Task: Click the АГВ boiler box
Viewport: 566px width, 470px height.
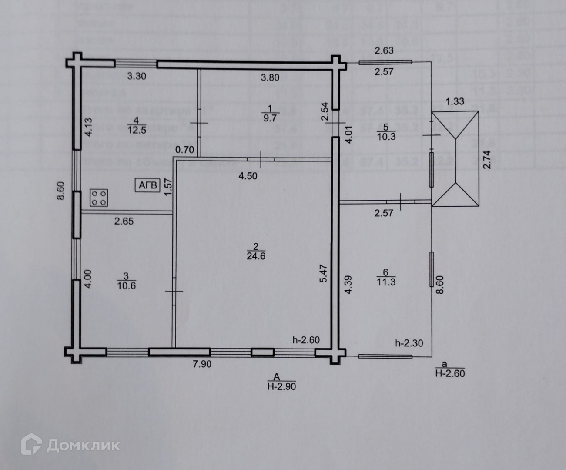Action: (147, 185)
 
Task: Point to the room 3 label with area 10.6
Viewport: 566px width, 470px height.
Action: (126, 281)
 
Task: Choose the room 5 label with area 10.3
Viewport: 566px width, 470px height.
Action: (386, 132)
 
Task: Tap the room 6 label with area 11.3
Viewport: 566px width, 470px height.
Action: (385, 277)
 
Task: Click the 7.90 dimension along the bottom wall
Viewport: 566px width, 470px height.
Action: (202, 364)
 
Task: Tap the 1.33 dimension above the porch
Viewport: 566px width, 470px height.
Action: (455, 101)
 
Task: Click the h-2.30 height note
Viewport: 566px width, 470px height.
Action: (409, 343)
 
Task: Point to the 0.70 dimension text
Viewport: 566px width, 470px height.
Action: (184, 150)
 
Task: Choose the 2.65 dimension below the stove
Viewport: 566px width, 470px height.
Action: (124, 221)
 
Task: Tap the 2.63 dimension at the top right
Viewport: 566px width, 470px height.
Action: (384, 50)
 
